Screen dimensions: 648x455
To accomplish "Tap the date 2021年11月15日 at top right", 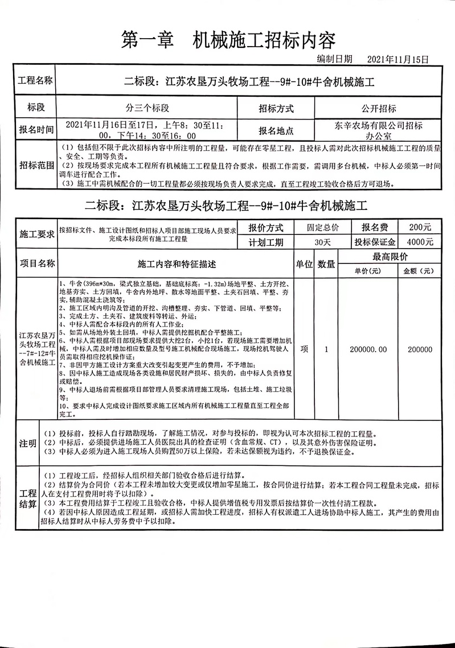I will [397, 59].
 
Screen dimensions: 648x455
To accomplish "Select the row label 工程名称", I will [36, 81].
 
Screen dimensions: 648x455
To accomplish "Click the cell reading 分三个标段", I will [147, 108].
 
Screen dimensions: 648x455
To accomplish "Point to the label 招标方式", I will [276, 108].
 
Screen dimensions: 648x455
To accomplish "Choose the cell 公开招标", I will [378, 108].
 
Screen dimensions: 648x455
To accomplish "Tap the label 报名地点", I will [276, 130].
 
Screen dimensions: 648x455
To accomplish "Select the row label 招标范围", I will [36, 166].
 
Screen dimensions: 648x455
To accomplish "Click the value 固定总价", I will [322, 227].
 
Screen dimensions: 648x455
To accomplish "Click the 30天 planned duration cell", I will [322, 241].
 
